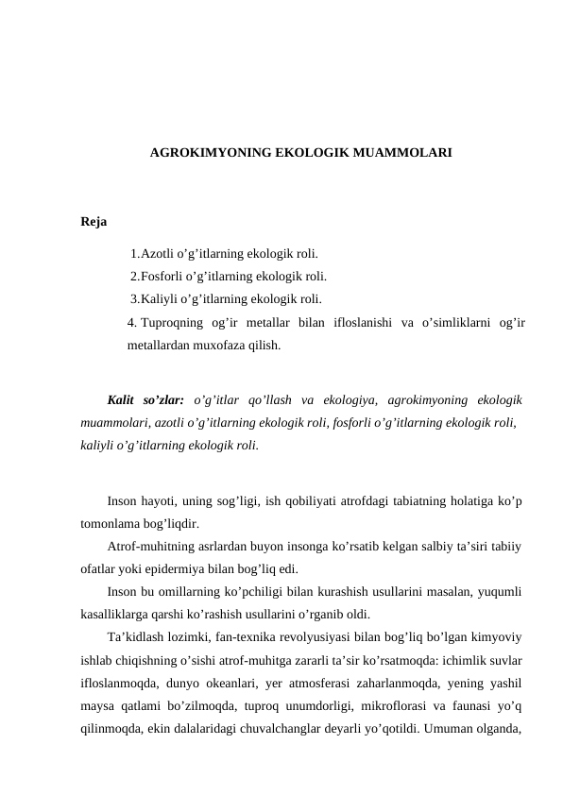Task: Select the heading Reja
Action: (x=94, y=223)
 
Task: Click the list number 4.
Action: (x=131, y=324)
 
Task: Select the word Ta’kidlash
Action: (x=137, y=636)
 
